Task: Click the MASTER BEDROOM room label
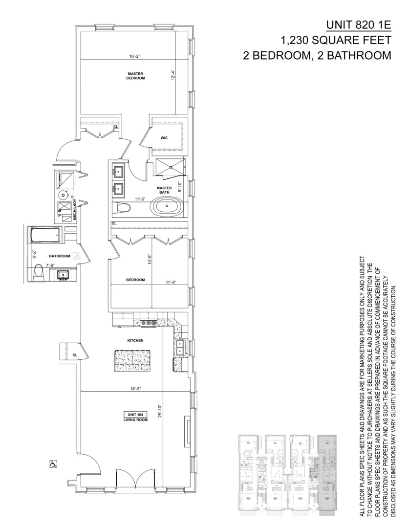(135, 76)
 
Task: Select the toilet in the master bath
(123, 208)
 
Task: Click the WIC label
(164, 138)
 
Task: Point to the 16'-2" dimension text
(135, 56)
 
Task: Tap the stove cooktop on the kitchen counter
(148, 322)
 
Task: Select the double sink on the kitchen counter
(180, 348)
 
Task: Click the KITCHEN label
(135, 340)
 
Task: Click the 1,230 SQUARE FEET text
(336, 40)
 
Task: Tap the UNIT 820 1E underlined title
(358, 25)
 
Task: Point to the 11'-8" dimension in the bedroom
(171, 282)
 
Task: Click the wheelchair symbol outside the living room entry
(52, 464)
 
